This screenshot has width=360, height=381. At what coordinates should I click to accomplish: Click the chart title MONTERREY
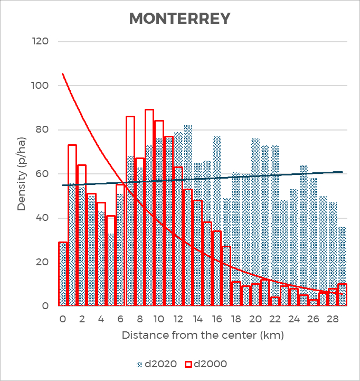click(180, 18)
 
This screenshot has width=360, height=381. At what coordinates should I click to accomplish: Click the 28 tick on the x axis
click(333, 319)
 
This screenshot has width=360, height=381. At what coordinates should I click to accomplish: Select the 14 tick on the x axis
click(197, 319)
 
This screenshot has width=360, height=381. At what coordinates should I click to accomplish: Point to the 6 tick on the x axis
click(120, 319)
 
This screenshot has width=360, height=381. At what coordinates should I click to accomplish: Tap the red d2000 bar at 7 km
click(130, 211)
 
